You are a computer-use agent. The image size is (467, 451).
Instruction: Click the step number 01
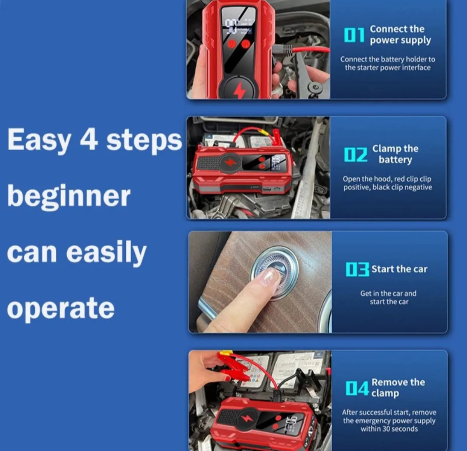354,35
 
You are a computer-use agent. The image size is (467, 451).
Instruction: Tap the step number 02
355,155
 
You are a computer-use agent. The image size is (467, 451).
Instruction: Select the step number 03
357,269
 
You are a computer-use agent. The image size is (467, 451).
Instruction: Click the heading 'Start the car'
399,269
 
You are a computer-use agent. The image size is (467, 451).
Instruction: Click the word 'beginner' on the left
69,196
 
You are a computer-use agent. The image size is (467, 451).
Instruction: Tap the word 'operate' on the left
61,308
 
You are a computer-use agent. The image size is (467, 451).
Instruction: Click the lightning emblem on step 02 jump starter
231,162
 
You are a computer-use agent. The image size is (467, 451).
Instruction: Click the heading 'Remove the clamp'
398,387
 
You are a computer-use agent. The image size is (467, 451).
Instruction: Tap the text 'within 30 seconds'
389,429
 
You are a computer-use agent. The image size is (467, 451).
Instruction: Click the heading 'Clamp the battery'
395,154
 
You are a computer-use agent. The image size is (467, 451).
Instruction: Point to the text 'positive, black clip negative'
388,187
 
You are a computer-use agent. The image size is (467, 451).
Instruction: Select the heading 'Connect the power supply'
400,35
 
